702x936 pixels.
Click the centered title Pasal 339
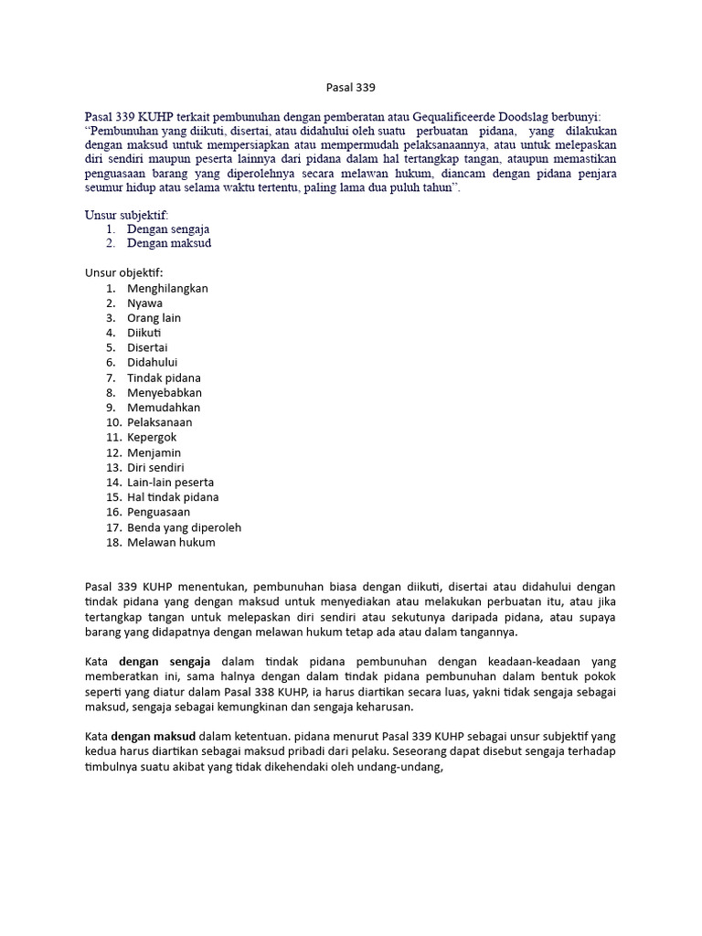tap(351, 89)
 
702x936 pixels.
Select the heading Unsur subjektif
tap(127, 214)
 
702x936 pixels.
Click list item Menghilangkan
tap(167, 288)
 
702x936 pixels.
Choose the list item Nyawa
tap(144, 303)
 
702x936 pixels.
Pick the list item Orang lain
tap(154, 318)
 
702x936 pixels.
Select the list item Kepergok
tap(152, 437)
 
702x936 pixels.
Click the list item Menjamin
tap(154, 452)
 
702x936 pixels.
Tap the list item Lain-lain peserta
tap(171, 482)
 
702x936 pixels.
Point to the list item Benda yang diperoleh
tap(184, 526)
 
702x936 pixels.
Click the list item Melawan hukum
tap(171, 542)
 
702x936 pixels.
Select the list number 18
tap(113, 542)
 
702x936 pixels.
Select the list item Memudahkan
tap(164, 408)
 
